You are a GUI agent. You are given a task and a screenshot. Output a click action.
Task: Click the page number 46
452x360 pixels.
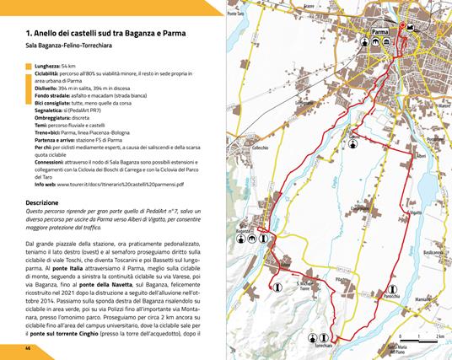[28, 347]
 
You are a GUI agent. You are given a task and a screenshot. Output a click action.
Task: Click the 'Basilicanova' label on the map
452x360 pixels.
[434, 254]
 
